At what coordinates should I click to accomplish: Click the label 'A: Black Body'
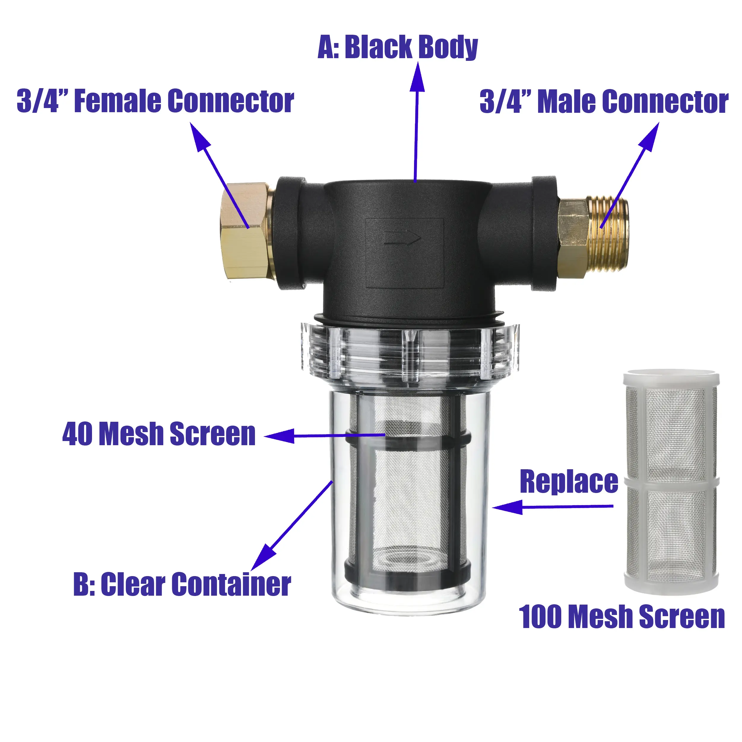[x=398, y=47]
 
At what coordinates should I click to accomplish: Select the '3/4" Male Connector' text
[x=604, y=102]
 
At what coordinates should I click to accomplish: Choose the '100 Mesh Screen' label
[x=622, y=617]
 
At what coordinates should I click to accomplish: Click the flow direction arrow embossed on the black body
[x=402, y=238]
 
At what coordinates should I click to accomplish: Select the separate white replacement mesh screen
[x=671, y=482]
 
